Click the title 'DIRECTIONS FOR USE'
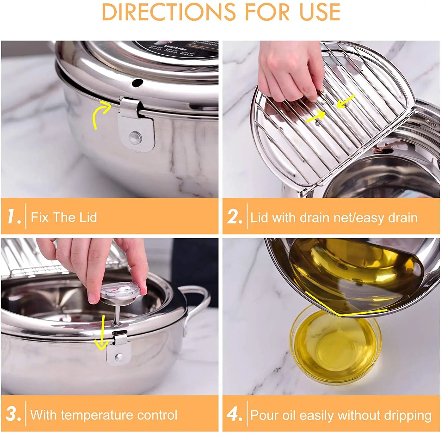[221, 12]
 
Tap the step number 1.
[14, 217]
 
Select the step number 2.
[234, 217]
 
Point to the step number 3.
[13, 414]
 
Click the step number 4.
[234, 414]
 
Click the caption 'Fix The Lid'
[64, 217]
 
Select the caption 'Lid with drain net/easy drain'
[334, 218]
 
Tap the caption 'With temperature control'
[104, 415]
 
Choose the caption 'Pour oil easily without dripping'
[340, 415]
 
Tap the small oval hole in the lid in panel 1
[137, 83]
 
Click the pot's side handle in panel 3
[196, 305]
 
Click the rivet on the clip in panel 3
[119, 357]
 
